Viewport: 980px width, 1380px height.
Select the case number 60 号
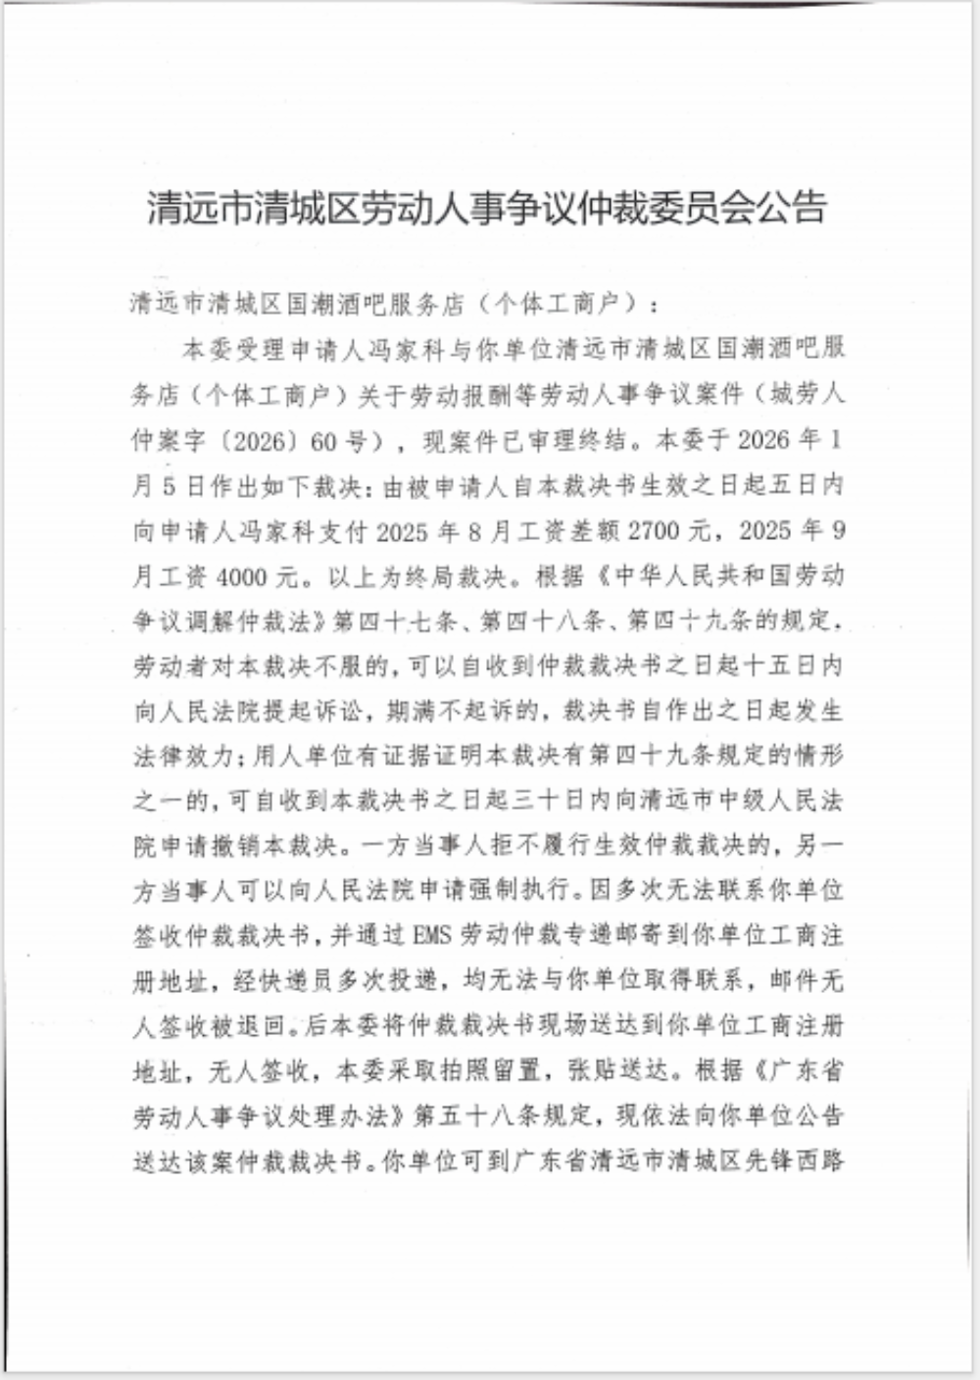[338, 441]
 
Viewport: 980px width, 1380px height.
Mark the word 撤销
[259, 846]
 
